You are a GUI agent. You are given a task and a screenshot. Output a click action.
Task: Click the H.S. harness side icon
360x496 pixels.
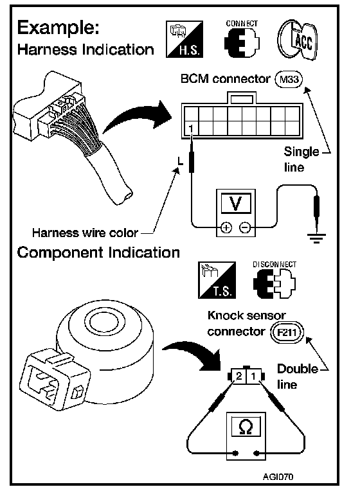click(184, 39)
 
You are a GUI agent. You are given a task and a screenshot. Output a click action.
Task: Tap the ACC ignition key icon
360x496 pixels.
click(298, 40)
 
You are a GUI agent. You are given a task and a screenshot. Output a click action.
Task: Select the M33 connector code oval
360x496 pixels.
click(289, 79)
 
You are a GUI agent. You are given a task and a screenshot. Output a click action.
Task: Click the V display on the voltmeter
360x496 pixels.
click(236, 203)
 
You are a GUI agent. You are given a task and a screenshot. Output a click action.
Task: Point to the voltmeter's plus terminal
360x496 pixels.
click(226, 227)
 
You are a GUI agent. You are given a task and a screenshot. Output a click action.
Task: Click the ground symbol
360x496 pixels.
click(316, 238)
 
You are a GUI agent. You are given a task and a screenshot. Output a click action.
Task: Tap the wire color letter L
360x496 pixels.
click(180, 161)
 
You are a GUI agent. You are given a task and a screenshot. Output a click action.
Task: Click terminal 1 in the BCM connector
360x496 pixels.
click(191, 128)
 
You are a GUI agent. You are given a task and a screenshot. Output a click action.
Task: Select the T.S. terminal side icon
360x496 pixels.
click(217, 280)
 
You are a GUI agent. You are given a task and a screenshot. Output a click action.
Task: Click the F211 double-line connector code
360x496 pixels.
click(287, 332)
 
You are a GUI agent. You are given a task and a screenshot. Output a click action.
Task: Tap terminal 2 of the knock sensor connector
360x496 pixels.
click(239, 376)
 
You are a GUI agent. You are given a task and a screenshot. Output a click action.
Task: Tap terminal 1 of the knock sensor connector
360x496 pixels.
click(253, 376)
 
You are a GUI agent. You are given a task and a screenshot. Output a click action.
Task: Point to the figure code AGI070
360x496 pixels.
click(278, 476)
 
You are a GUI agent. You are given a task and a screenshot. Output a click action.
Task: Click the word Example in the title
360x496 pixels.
click(59, 28)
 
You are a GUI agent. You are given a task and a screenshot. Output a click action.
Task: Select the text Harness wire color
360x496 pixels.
click(85, 233)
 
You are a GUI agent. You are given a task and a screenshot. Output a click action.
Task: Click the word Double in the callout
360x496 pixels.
click(297, 369)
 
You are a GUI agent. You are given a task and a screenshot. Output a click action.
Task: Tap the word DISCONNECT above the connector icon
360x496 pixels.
click(274, 265)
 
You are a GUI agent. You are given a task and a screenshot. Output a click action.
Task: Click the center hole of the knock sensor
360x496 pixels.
click(104, 323)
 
